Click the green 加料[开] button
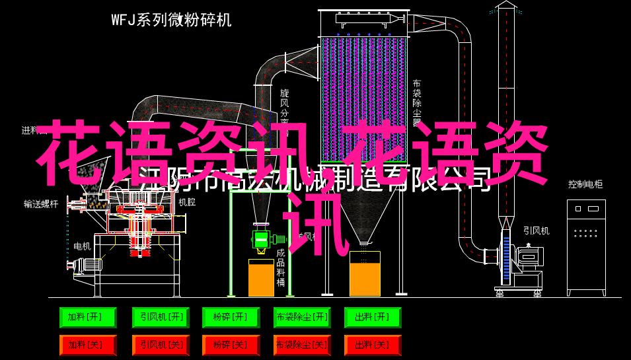87,318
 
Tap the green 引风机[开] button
159,318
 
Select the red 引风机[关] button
159,345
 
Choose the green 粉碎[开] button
231,318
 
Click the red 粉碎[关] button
231,345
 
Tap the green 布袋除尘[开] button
302,318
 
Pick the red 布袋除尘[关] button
302,345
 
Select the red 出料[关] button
373,345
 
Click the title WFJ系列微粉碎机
171,20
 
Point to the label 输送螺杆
41,204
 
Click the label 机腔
186,202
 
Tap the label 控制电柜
585,184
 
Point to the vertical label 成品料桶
281,268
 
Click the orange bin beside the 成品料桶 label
261,277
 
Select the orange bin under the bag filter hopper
365,274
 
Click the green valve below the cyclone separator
261,238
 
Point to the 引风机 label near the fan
536,231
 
